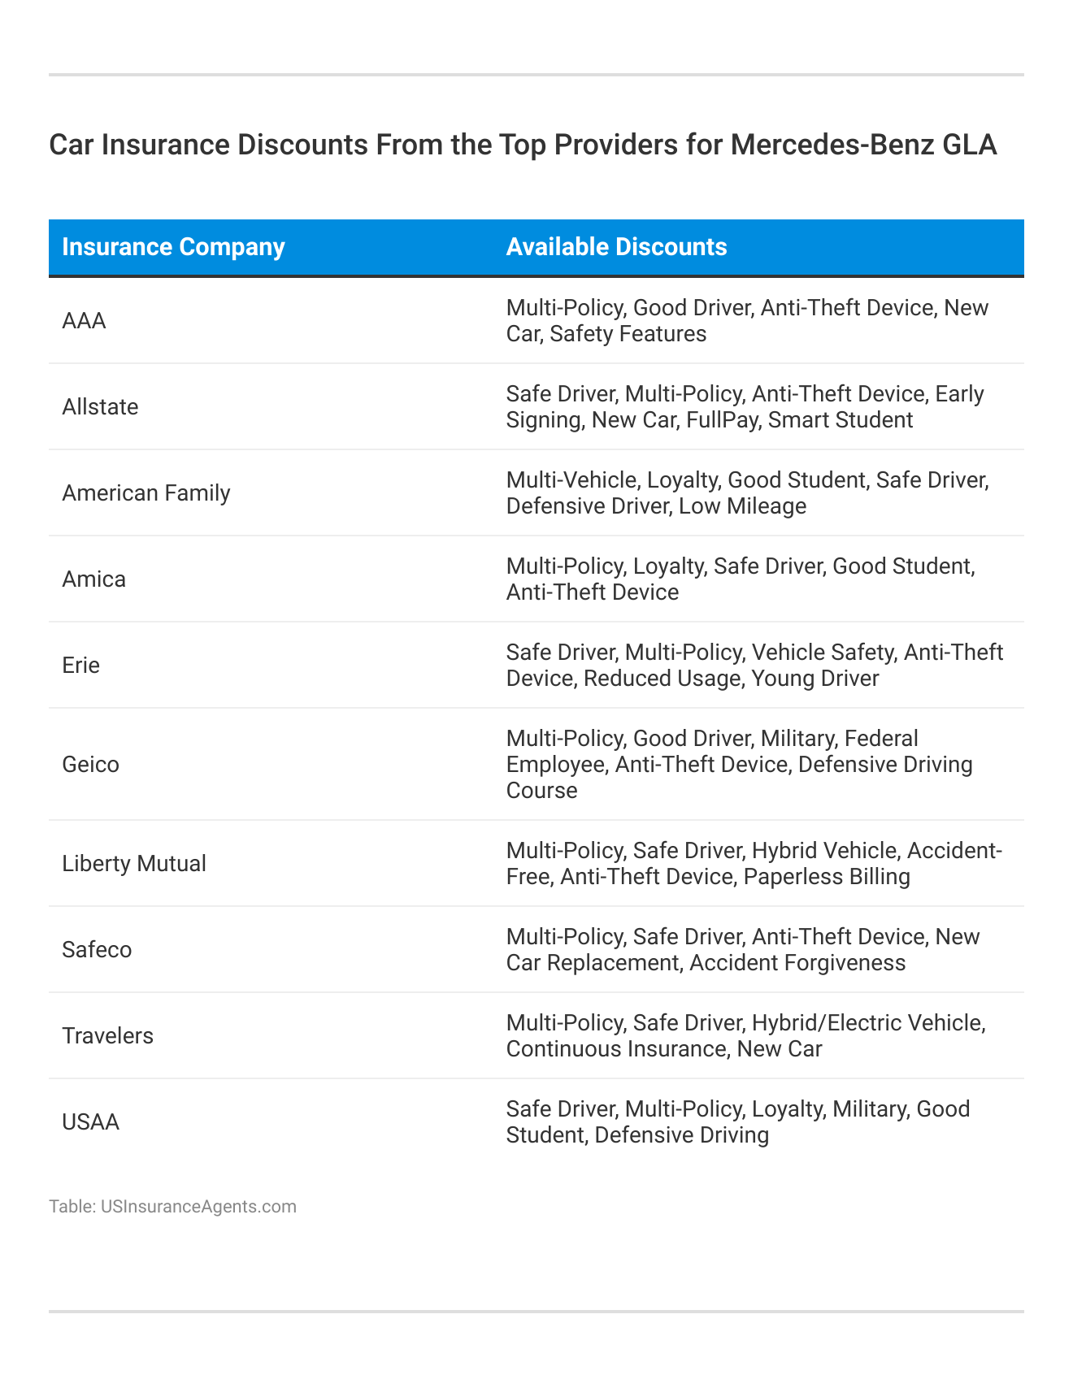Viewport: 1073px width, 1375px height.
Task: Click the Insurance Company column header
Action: (173, 247)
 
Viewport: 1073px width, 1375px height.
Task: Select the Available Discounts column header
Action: (616, 247)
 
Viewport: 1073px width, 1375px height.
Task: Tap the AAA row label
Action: (84, 321)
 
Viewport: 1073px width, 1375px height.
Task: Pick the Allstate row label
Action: (100, 407)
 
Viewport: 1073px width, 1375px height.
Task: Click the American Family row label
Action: (146, 493)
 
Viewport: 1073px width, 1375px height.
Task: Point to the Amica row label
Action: (93, 579)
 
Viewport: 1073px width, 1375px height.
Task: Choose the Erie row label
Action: (80, 666)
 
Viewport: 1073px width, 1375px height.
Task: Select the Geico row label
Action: (90, 765)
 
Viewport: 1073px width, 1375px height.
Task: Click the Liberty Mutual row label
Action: (134, 864)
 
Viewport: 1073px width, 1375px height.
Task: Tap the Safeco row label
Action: (97, 950)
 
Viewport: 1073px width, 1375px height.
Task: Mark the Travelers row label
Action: (107, 1036)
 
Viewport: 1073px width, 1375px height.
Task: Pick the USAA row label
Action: (90, 1122)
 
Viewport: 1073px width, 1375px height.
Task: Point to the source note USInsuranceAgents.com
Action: (198, 1207)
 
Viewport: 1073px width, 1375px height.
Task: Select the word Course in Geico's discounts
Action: (541, 791)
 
